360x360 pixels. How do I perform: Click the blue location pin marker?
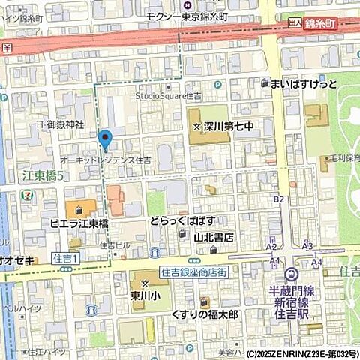105,139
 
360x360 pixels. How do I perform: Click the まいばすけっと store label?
303,84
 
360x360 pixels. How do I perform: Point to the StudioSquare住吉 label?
169,96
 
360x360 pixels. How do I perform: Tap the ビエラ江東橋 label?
79,223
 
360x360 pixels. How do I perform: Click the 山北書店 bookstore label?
214,236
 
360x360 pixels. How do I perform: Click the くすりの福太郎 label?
204,313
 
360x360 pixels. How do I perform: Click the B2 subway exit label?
279,199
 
